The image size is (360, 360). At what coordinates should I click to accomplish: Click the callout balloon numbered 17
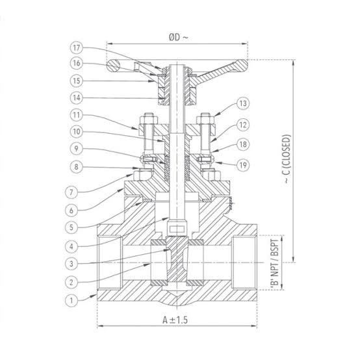(77, 47)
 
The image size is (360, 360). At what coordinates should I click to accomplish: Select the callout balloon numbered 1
(71, 300)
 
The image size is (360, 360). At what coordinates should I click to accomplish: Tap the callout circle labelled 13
(243, 103)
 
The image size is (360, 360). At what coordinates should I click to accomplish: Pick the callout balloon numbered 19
(243, 165)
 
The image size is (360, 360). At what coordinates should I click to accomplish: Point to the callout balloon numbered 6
(71, 211)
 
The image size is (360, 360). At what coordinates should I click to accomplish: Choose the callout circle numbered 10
(77, 132)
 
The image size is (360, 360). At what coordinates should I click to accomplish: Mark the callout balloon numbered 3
(71, 264)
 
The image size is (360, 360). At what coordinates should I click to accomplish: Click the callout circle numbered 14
(77, 98)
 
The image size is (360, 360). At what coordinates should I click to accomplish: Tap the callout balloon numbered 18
(243, 144)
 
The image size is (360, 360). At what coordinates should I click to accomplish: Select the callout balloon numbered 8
(77, 167)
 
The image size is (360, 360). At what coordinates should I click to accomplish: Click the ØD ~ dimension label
(178, 37)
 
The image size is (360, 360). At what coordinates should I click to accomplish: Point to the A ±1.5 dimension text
(175, 320)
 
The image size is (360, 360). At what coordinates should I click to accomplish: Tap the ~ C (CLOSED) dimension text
(287, 159)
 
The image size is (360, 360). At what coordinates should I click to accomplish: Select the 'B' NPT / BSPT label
(275, 262)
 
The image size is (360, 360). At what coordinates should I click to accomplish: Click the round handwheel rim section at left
(114, 66)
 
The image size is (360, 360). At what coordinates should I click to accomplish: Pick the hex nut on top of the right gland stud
(205, 119)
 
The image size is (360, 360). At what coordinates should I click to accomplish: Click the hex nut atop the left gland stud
(149, 119)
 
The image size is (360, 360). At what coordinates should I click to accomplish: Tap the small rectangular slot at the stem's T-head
(177, 229)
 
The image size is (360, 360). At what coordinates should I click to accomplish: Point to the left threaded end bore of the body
(110, 262)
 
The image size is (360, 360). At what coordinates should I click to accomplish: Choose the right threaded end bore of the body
(244, 262)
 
